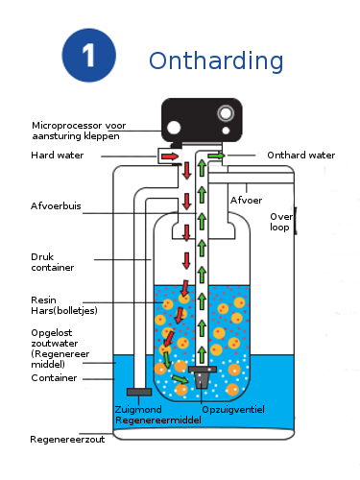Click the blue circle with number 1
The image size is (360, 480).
click(x=88, y=56)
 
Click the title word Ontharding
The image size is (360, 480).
click(x=216, y=60)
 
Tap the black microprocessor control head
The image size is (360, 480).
click(x=202, y=120)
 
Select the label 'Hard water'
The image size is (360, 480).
click(x=58, y=156)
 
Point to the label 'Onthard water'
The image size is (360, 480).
click(x=301, y=156)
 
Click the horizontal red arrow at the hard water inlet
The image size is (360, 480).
click(x=170, y=156)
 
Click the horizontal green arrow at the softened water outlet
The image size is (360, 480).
click(x=216, y=156)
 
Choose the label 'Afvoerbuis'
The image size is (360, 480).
click(x=56, y=205)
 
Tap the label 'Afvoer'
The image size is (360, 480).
click(x=246, y=201)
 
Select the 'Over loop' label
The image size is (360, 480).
click(x=281, y=222)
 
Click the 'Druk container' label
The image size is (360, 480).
click(x=53, y=262)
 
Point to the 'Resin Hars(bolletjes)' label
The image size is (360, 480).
click(x=64, y=305)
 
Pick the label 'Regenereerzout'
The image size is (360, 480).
click(x=67, y=440)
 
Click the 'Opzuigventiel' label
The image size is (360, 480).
click(x=233, y=410)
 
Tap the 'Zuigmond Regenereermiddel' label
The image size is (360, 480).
click(x=158, y=415)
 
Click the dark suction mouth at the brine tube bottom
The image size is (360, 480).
click(x=139, y=392)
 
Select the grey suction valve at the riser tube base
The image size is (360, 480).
click(x=202, y=377)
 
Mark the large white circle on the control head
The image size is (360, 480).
click(x=174, y=128)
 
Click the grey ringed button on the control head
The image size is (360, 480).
click(x=226, y=113)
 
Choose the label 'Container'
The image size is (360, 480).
click(x=54, y=378)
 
